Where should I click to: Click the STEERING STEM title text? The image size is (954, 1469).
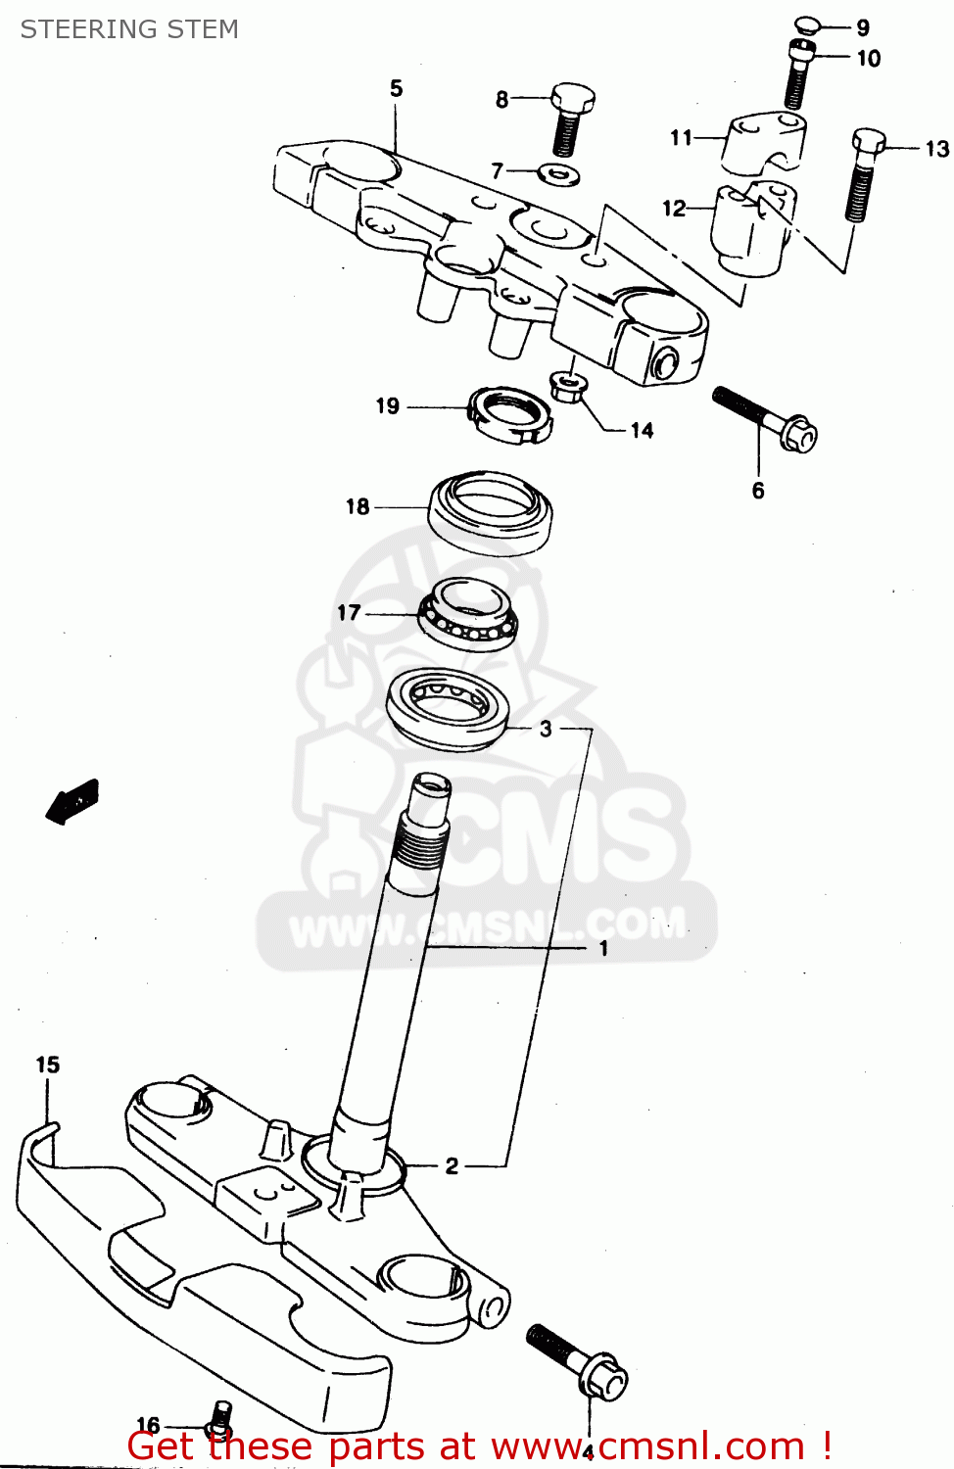click(129, 29)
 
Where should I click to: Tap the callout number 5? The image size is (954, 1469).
click(396, 88)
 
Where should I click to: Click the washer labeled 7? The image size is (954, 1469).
click(559, 174)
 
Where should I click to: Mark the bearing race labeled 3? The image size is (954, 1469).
click(449, 709)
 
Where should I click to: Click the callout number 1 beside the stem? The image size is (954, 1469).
click(603, 948)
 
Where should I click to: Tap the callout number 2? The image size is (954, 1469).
click(452, 1165)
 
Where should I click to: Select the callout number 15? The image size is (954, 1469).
click(48, 1065)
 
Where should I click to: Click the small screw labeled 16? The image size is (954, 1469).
click(220, 1416)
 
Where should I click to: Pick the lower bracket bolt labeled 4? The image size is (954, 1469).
click(578, 1361)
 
